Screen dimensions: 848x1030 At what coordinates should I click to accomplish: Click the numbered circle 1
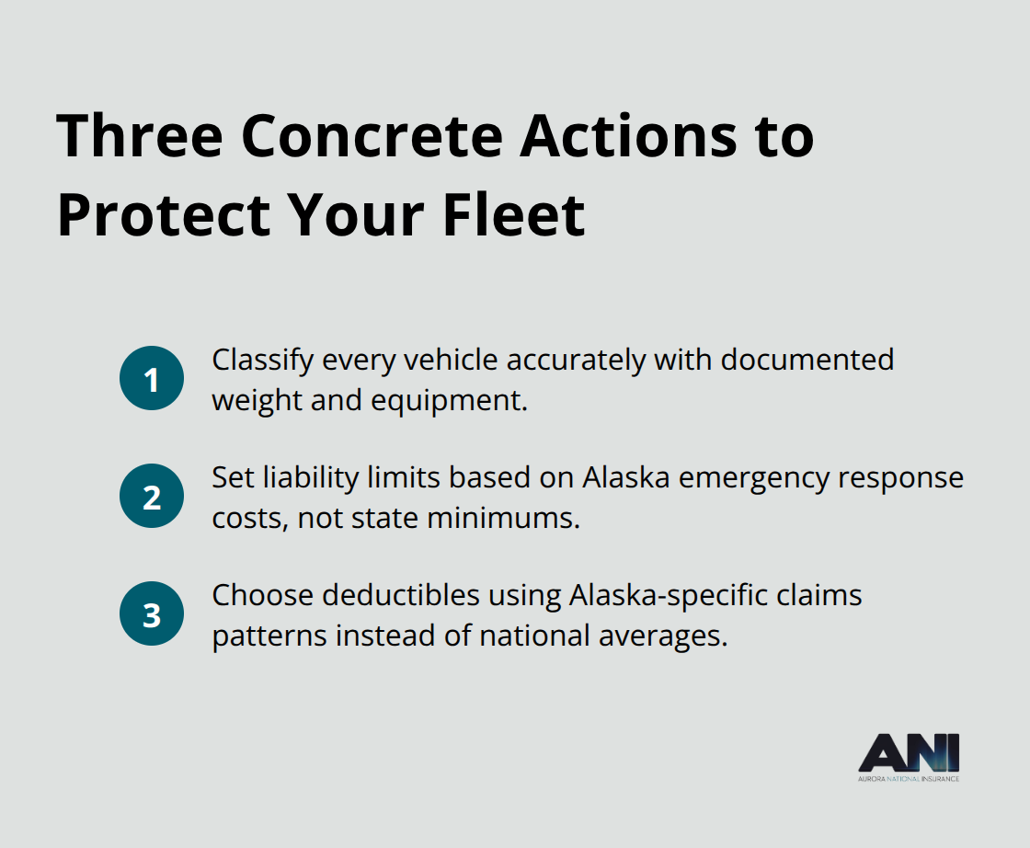152,378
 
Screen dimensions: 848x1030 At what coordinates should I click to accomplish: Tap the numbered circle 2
152,496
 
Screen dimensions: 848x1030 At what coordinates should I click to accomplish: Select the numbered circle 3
152,613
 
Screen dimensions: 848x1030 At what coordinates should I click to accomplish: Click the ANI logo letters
909,755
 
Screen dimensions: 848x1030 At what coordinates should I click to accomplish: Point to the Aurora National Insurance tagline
909,779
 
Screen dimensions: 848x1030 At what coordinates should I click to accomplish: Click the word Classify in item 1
262,361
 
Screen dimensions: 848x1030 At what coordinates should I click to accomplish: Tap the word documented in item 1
807,359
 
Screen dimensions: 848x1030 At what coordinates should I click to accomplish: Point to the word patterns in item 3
269,636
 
